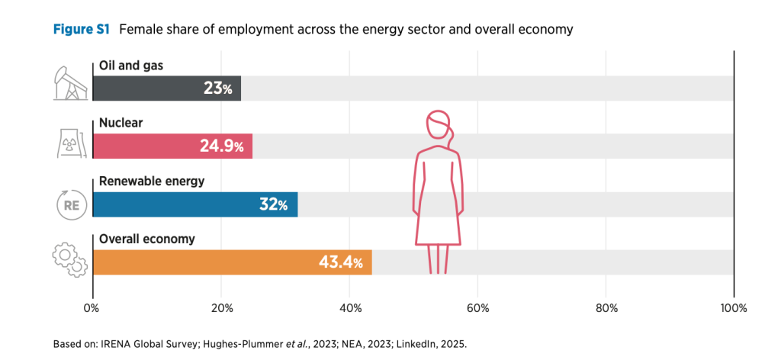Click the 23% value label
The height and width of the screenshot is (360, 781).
(217, 88)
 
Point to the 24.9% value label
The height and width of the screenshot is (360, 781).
(222, 146)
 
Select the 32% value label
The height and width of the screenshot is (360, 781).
(272, 204)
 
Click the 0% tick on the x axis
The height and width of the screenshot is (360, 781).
(92, 309)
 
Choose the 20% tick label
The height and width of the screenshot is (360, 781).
(221, 309)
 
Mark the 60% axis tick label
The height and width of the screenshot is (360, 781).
(477, 309)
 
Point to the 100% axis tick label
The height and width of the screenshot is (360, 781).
(733, 309)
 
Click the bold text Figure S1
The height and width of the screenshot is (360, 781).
(82, 30)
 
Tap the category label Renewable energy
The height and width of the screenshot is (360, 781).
(146, 182)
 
